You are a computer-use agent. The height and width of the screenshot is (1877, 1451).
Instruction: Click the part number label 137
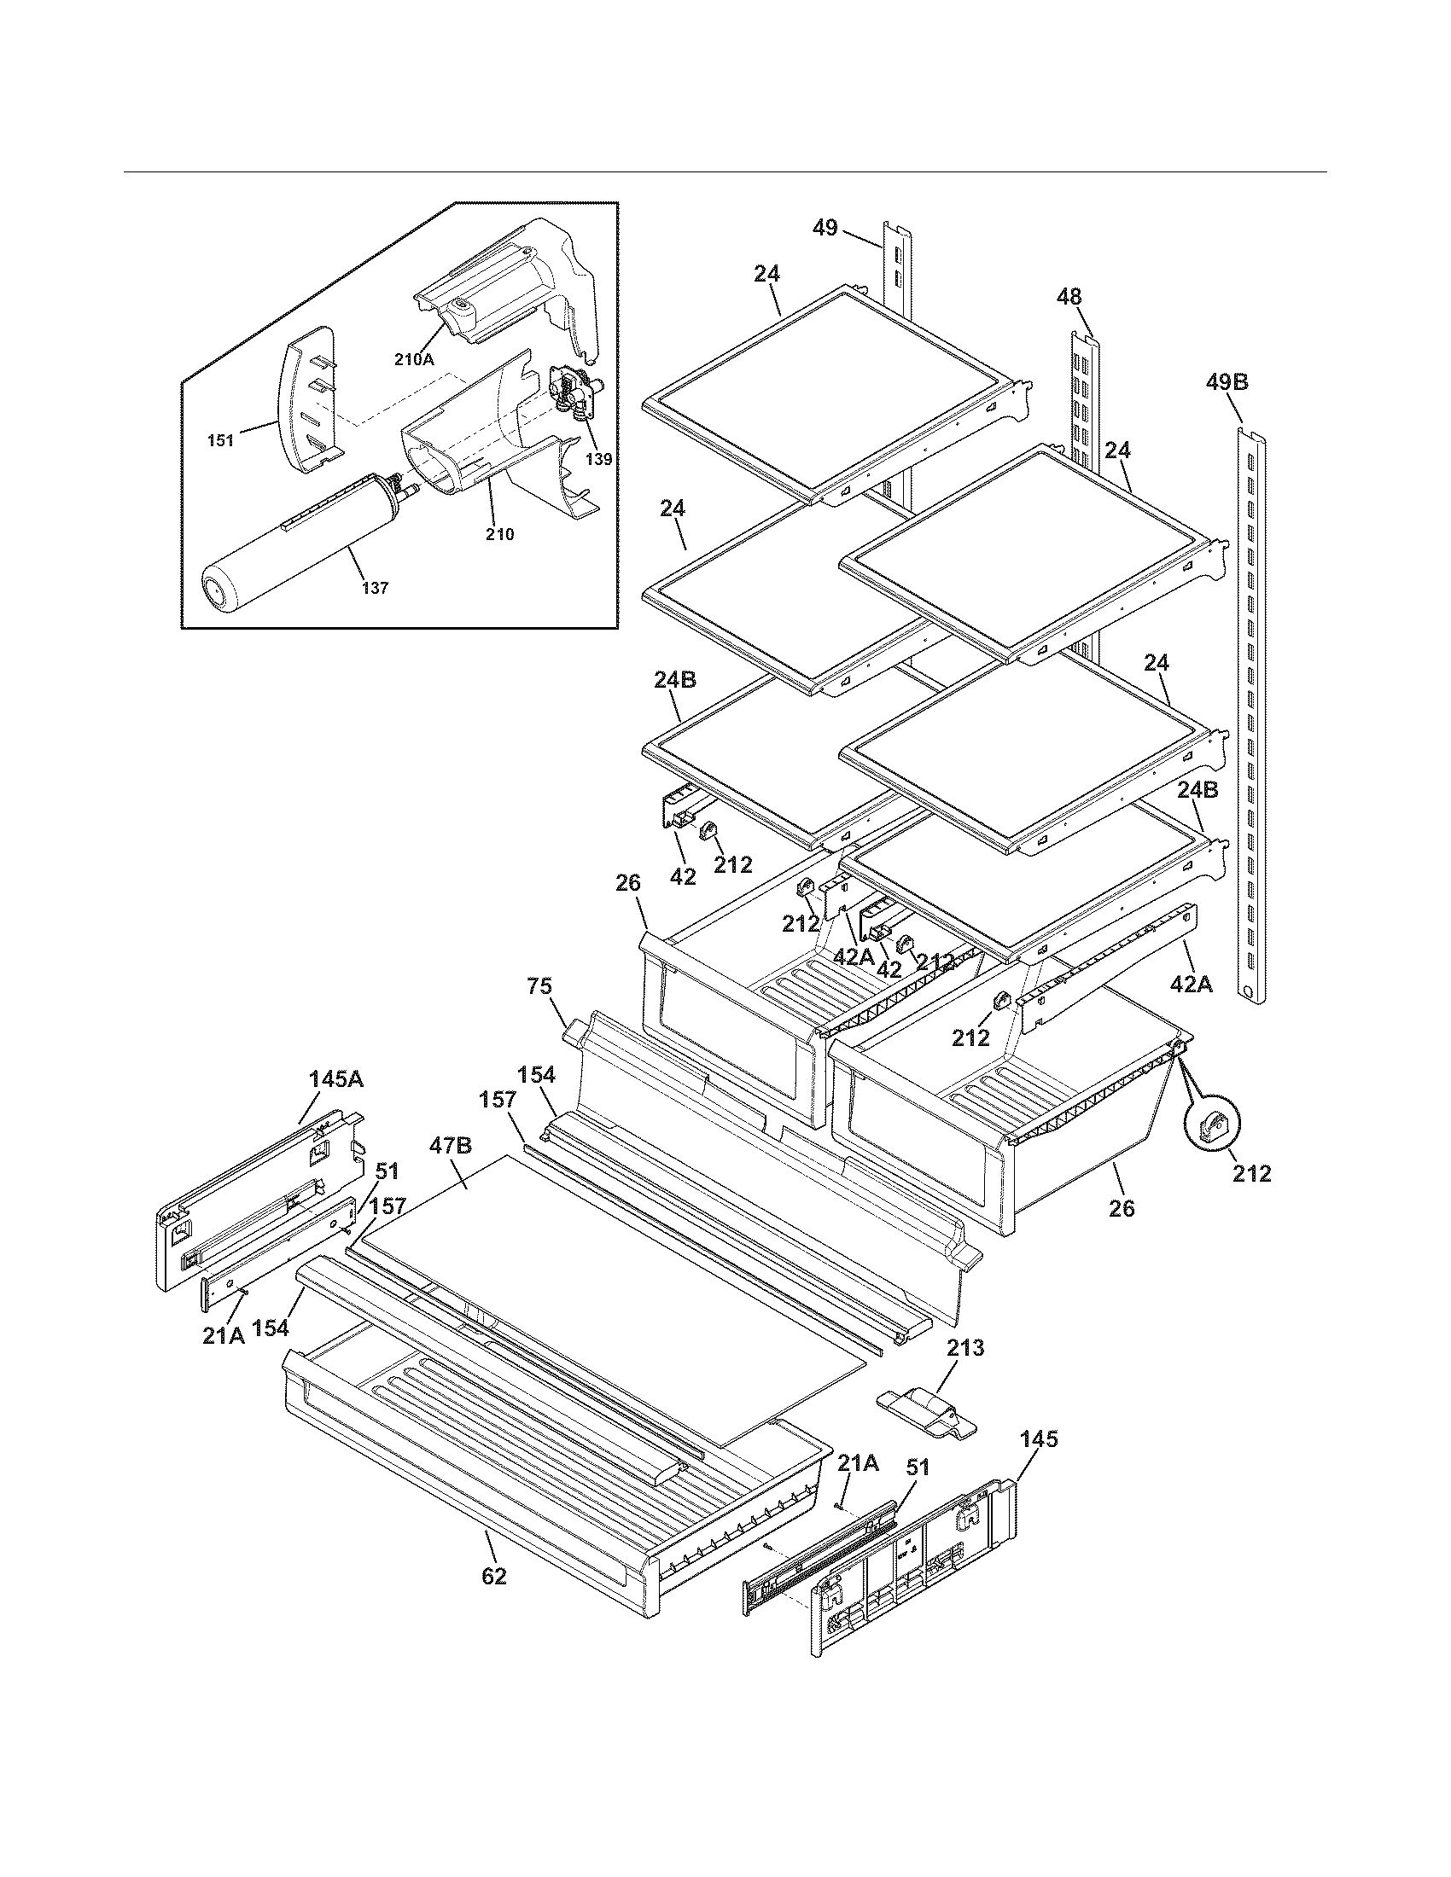375,589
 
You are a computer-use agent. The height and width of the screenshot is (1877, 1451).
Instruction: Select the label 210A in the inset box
413,360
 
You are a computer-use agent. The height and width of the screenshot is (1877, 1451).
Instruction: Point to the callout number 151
221,441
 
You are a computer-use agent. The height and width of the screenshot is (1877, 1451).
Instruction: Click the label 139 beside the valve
598,459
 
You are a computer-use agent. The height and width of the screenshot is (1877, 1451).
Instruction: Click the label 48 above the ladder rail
1069,298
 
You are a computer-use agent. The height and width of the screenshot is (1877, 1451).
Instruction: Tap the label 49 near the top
825,229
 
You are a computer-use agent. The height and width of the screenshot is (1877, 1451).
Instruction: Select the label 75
539,985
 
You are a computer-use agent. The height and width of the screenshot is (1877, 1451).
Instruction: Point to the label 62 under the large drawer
494,1577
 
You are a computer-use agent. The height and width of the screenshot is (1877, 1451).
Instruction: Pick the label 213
965,1348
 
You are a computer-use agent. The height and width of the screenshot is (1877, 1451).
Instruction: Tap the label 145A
336,1078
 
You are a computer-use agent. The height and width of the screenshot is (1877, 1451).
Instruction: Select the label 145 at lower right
1039,1439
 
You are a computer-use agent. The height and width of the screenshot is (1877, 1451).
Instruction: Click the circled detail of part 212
1210,1126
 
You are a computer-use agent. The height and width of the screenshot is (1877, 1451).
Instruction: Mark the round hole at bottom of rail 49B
1245,991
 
